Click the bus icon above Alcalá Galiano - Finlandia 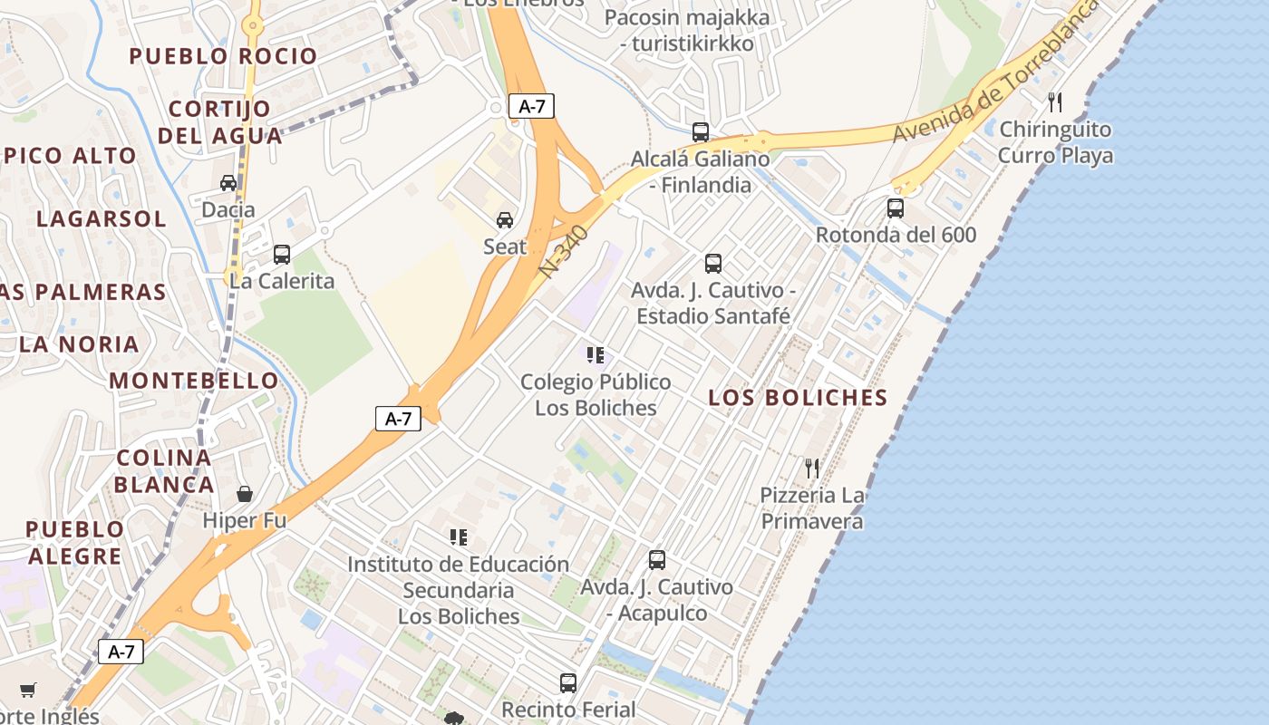pos(700,132)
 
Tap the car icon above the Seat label pos(504,220)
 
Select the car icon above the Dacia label pos(228,183)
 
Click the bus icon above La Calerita pos(281,255)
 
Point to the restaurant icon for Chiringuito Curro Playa pos(1054,101)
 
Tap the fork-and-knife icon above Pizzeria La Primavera pos(811,469)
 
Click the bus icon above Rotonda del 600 pos(895,208)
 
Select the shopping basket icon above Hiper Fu pos(244,494)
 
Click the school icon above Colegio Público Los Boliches pos(595,355)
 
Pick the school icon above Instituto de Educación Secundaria pos(459,537)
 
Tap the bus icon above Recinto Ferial pos(567,682)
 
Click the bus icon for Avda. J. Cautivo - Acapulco pos(656,560)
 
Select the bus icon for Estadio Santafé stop pos(712,264)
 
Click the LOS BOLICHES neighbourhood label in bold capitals pos(798,398)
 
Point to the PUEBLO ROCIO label pos(223,56)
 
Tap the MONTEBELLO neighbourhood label pos(194,381)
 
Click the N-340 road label pos(564,252)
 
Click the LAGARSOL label pos(102,219)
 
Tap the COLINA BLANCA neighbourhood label pos(164,470)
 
